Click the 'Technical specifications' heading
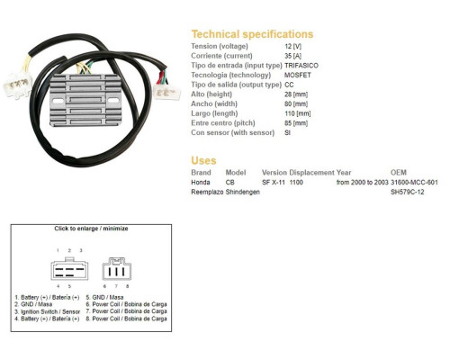pos(252,34)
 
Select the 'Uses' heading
pos(203,160)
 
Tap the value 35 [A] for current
pos(292,56)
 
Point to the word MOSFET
pos(298,75)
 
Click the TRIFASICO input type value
pos(301,66)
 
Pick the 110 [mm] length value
pos(298,113)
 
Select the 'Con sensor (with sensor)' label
pos(233,132)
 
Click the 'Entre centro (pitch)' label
pos(223,123)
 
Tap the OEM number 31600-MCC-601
pos(414,182)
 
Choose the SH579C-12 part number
pos(408,192)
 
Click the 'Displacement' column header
pos(311,173)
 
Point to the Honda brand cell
pos(201,182)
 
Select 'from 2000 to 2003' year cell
pos(363,182)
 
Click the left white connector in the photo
pos(18,85)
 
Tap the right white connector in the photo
pos(167,92)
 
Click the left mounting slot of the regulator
pos(58,101)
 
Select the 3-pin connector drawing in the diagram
pos(117,269)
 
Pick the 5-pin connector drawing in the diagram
pos(69,269)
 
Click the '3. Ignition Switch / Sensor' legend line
pos(48,311)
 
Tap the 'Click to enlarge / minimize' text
pos(91,229)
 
